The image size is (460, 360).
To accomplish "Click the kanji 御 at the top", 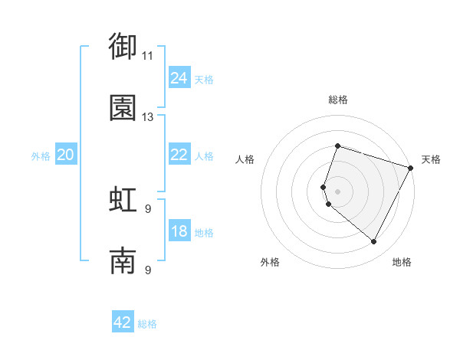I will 123,47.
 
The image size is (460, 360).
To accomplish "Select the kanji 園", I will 123,108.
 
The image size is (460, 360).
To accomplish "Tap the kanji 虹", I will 123,199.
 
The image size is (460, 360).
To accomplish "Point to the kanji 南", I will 123,260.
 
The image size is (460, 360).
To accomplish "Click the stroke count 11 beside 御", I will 147,56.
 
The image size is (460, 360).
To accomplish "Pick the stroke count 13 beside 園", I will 147,117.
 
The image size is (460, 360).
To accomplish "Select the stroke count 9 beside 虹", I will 147,208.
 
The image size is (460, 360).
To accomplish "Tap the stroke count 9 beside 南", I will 147,270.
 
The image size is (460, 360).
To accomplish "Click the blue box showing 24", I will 179,78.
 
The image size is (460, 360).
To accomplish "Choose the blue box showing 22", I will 179,155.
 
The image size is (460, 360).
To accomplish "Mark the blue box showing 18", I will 179,232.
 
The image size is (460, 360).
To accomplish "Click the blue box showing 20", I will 65,155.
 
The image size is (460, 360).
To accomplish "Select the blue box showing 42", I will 123,322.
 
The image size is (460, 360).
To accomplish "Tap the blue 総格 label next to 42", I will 147,324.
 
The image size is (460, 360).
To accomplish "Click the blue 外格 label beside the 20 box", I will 41,156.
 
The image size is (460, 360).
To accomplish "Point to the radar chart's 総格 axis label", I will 337,100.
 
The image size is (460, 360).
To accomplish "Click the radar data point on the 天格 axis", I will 411,168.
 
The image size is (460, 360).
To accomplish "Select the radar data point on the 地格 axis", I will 373,242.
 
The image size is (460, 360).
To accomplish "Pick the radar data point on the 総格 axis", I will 337,146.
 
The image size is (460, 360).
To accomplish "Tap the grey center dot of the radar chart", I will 337,191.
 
